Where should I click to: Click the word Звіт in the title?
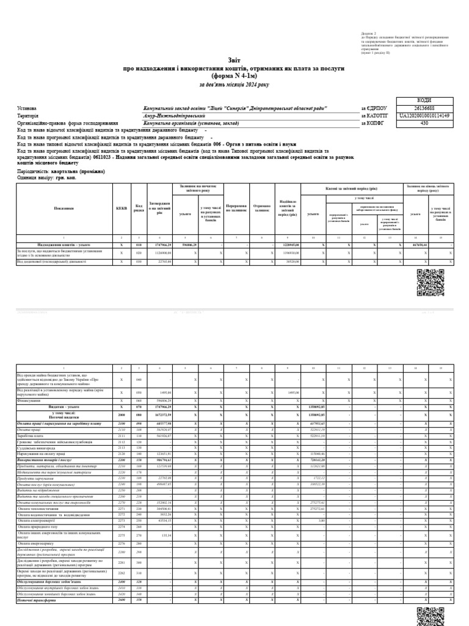click(234, 61)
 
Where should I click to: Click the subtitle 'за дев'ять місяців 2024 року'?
click(234, 84)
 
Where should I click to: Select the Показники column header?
click(64, 208)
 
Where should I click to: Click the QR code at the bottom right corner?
click(429, 616)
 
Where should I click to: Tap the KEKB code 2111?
click(122, 436)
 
